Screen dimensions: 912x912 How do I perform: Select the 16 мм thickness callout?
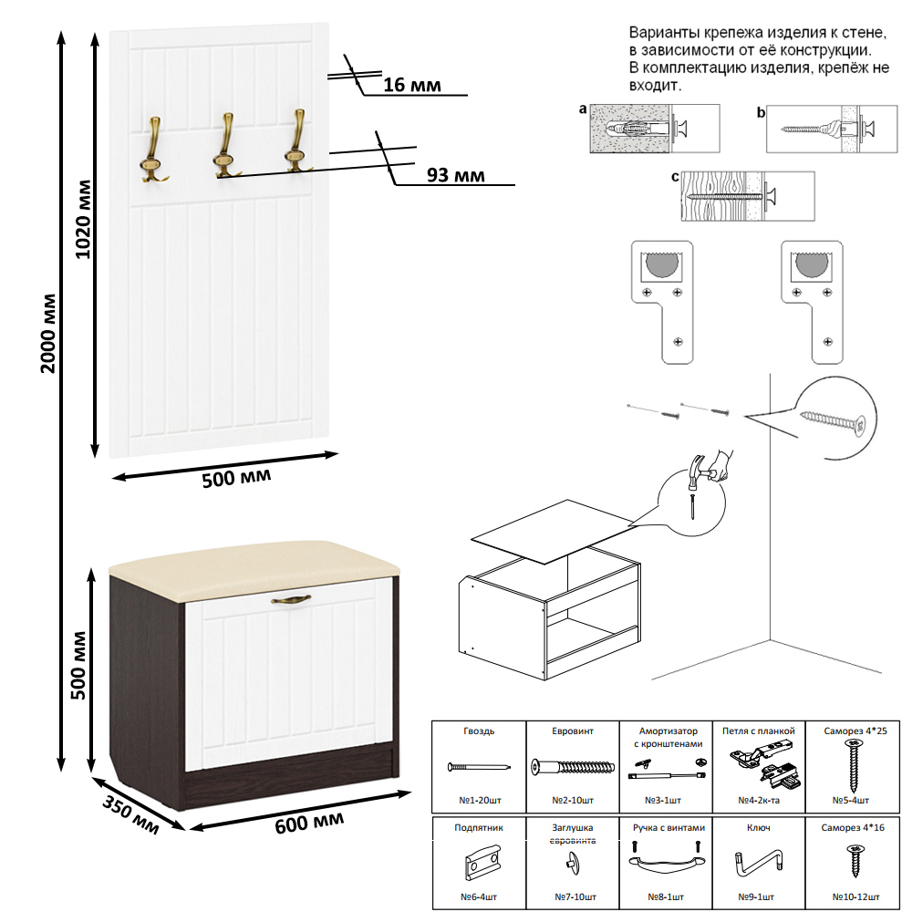pos(411,86)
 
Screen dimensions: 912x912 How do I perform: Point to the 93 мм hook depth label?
pos(455,175)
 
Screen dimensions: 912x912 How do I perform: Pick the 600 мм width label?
pos(309,824)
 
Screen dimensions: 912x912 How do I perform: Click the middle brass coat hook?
pos(225,145)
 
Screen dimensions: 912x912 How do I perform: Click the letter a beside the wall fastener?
pos(582,109)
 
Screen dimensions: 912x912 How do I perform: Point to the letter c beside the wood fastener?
pos(674,177)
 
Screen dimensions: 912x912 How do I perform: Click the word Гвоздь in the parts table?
pos(478,731)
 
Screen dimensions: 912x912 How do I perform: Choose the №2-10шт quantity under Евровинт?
pos(573,800)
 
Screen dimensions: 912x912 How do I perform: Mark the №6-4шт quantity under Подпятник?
pos(478,896)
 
